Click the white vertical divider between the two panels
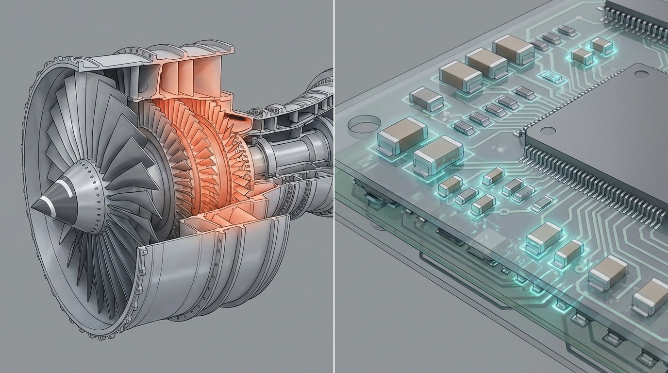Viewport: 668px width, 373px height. (334, 186)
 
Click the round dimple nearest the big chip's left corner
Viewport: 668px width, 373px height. (548, 131)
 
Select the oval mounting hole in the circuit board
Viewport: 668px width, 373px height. (365, 124)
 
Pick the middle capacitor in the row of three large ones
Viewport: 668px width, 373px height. (486, 63)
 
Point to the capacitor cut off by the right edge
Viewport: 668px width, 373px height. (651, 296)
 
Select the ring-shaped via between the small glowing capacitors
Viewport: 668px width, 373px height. (503, 212)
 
